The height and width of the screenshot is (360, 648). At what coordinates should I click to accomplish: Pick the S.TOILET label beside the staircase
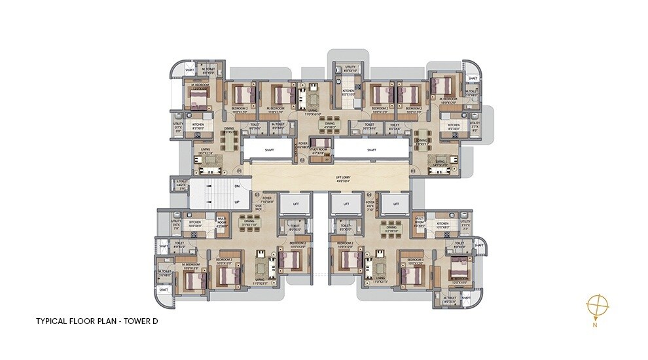(x=181, y=183)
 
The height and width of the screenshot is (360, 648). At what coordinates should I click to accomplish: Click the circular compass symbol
(x=597, y=306)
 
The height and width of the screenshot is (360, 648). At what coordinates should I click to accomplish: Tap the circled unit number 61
(x=240, y=171)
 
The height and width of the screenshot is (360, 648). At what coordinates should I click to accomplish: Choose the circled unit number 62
(x=302, y=159)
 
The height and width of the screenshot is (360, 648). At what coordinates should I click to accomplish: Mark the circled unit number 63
(x=413, y=171)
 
